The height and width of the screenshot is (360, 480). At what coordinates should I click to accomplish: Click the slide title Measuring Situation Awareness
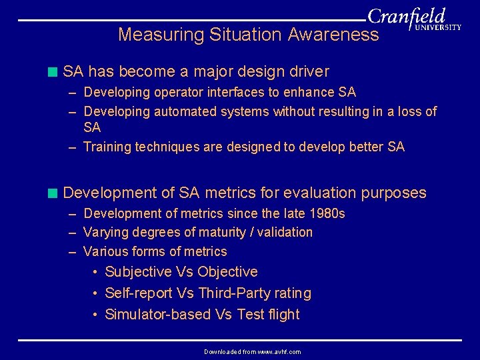[x=248, y=35]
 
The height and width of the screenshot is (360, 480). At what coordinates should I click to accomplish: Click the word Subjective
[x=139, y=272]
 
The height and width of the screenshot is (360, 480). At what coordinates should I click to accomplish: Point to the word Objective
[x=227, y=272]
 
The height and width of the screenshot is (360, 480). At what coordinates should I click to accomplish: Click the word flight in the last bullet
[x=284, y=315]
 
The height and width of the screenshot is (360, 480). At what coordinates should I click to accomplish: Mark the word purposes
[x=393, y=193]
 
